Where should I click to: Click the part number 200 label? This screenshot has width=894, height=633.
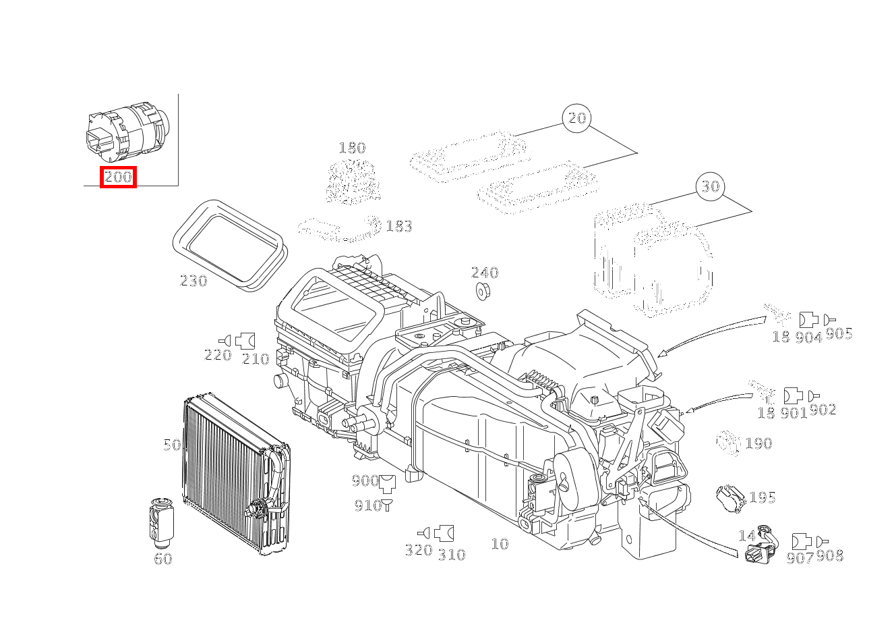[x=118, y=177]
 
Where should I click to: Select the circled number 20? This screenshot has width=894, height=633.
[x=577, y=118]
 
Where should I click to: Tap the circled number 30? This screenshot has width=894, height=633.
[x=711, y=186]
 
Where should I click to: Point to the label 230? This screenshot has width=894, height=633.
[x=193, y=281]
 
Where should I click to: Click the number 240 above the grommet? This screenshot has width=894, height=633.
[x=485, y=273]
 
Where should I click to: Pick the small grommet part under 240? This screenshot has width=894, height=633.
[x=483, y=292]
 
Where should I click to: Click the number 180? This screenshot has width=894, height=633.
[x=351, y=148]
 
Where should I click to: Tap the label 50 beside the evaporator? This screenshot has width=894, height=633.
[x=172, y=445]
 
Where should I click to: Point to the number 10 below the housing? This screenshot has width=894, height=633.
[x=500, y=544]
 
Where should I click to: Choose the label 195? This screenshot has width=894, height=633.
[x=763, y=498]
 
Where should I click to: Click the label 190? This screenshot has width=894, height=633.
[x=758, y=444]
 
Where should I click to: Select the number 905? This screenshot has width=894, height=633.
[x=839, y=333]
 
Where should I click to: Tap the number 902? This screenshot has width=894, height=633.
[x=823, y=410]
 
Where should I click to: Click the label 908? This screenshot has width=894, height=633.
[x=830, y=556]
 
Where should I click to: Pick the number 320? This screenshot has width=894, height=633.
[x=418, y=550]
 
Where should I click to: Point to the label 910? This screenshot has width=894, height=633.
[x=367, y=505]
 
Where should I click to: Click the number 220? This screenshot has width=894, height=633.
[x=218, y=355]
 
